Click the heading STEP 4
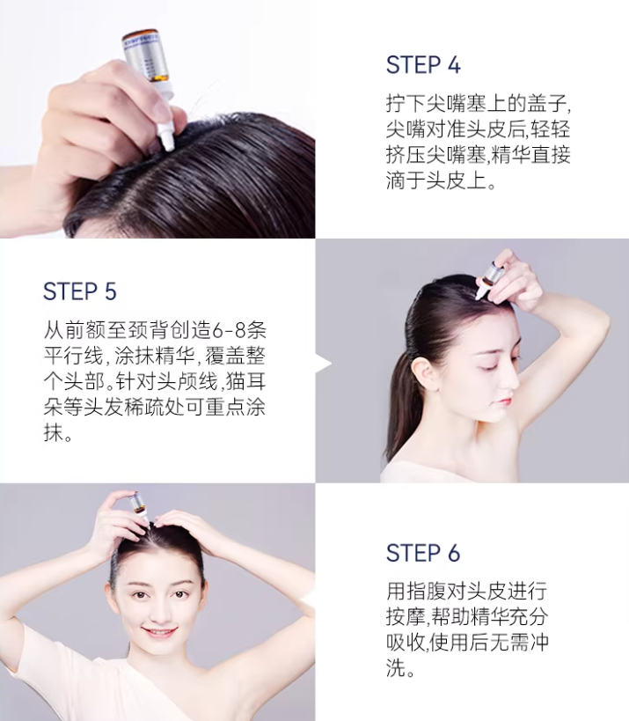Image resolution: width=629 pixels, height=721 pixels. point(423,65)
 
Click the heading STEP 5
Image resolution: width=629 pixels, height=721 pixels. point(80,291)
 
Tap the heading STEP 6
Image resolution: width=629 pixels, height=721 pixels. point(423,553)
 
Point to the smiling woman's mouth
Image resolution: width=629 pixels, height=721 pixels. point(159,632)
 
